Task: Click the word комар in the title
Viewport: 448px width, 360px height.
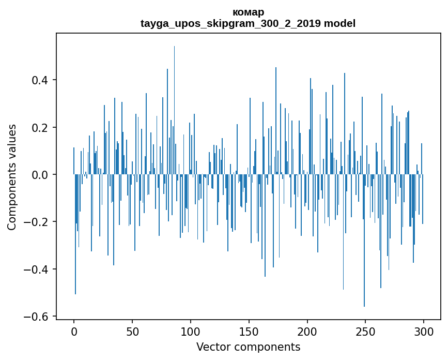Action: (248, 12)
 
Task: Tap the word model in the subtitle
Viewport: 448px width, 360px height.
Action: (339, 24)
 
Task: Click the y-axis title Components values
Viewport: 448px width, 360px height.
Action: (12, 177)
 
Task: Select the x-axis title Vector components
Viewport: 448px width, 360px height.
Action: (248, 347)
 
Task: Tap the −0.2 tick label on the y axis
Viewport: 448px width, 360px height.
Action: (38, 222)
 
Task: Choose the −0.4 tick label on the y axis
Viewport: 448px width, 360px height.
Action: (38, 269)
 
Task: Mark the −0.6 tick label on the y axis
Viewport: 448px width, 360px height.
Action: (38, 317)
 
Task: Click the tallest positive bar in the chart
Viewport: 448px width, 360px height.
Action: (174, 103)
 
